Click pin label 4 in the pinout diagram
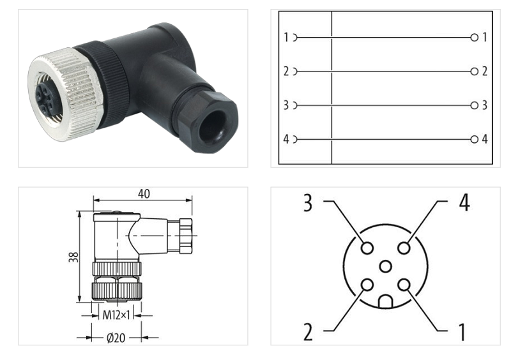pyautogui.click(x=464, y=203)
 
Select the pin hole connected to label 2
pyautogui.click(x=367, y=285)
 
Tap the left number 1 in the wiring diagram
pyautogui.click(x=286, y=38)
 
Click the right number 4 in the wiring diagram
pyautogui.click(x=485, y=139)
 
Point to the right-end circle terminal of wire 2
pyautogui.click(x=474, y=71)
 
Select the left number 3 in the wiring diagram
pyautogui.click(x=286, y=105)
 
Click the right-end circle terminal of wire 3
pyautogui.click(x=474, y=105)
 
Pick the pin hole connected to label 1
pyautogui.click(x=404, y=285)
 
